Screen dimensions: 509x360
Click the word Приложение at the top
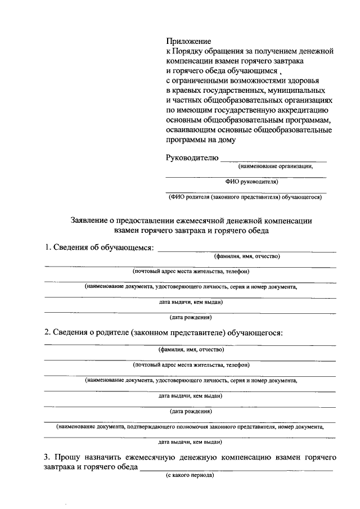(188, 41)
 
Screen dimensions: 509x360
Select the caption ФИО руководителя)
(251, 182)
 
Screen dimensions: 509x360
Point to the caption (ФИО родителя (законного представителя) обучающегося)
(245, 197)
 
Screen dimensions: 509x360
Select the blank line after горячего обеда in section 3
(236, 470)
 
